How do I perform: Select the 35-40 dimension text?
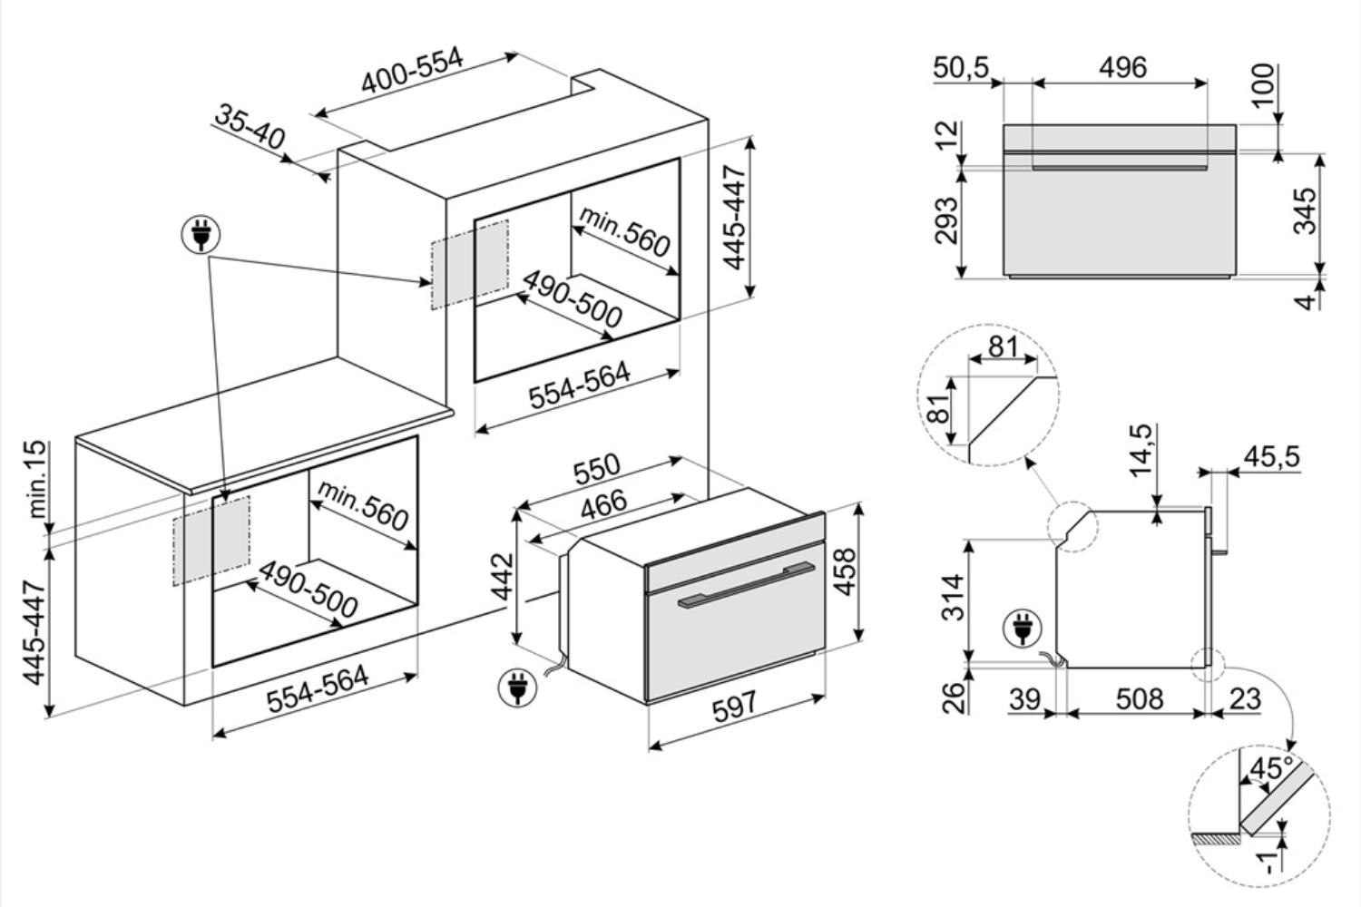coord(250,127)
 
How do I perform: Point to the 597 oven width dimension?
coord(733,706)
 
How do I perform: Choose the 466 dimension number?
coord(602,502)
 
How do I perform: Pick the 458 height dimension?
coord(845,571)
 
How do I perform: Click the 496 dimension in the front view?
coord(1122,67)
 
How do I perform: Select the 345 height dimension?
coord(1304,210)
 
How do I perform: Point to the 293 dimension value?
coord(946,220)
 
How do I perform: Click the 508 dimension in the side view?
coord(1138,698)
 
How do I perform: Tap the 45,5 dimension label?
coord(1270,456)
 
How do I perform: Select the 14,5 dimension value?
coord(1141,451)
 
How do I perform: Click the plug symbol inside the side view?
coord(1023,629)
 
